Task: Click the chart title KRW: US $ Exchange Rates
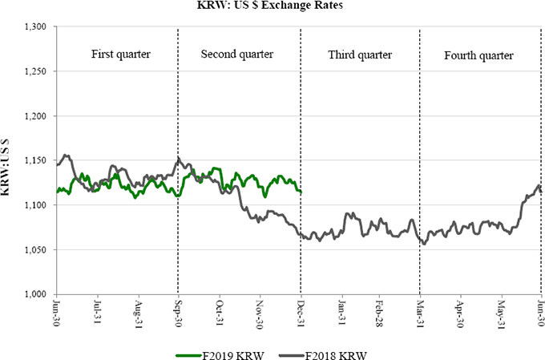pos(272,7)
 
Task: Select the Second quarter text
pos(237,55)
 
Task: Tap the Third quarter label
pos(360,55)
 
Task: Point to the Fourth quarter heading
pos(478,55)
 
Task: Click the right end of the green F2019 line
pos(301,192)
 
